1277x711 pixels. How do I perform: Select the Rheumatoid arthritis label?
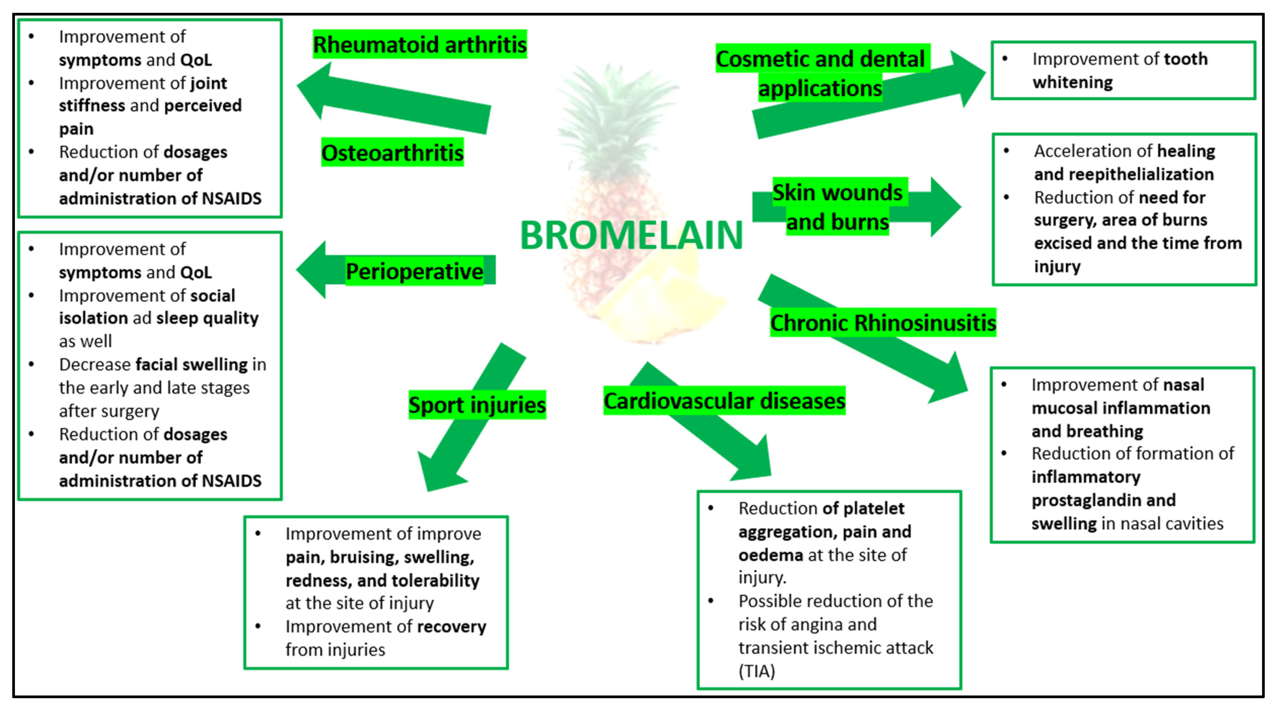coord(419,44)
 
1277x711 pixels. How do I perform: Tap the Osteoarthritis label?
coord(392,152)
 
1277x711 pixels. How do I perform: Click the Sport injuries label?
coord(477,405)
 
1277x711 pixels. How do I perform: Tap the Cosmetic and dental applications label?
coord(820,73)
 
